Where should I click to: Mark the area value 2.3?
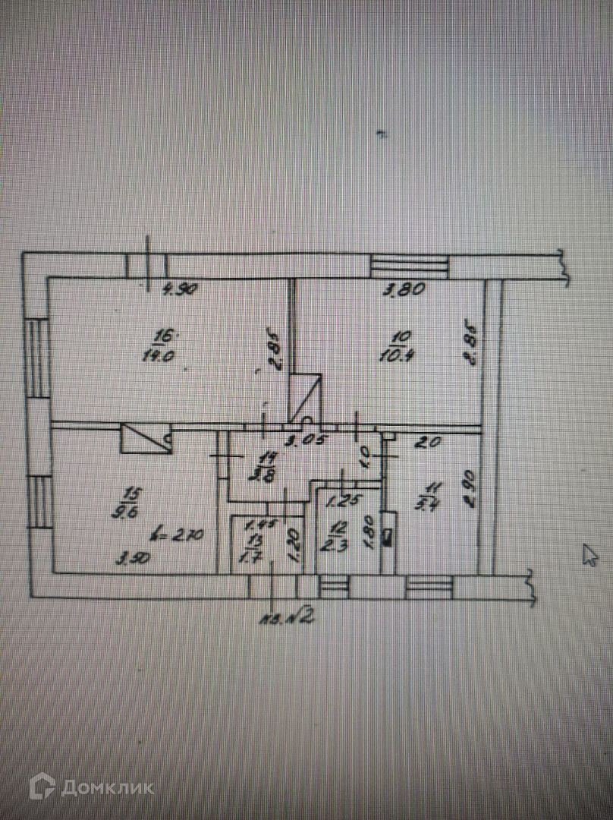pos(337,544)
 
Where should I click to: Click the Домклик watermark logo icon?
pos(42,787)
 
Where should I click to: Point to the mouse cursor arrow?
pos(589,554)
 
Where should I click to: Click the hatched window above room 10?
pos(410,266)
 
